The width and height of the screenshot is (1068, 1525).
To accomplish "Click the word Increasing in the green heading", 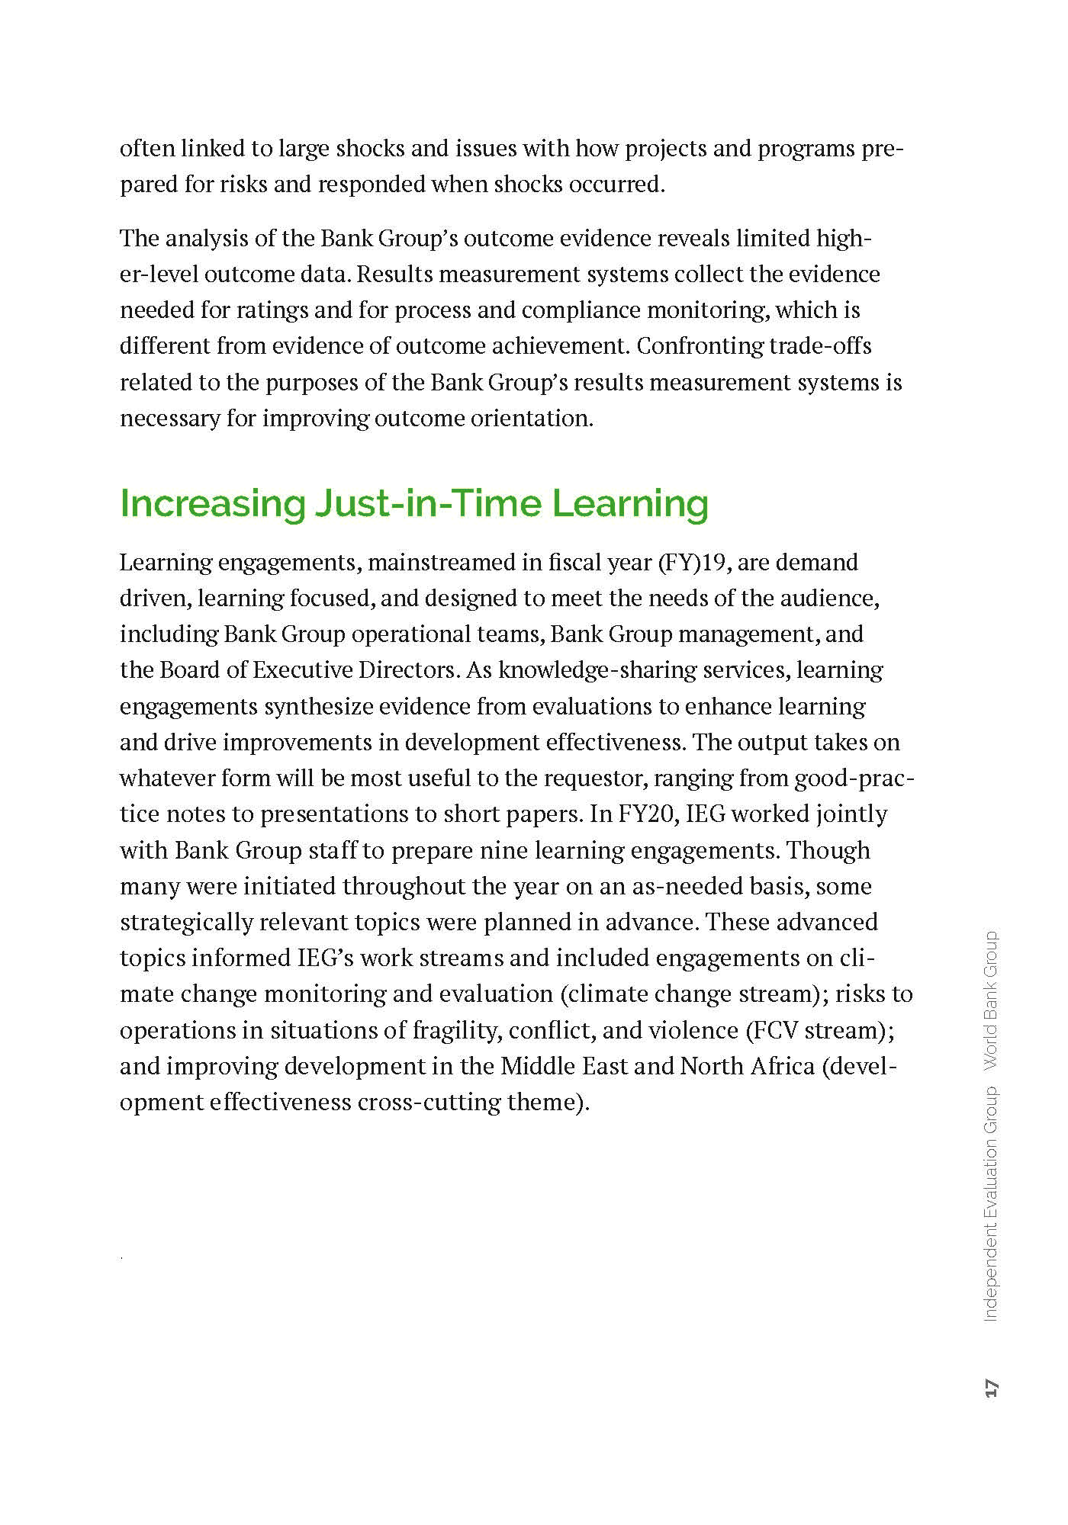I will click(x=212, y=504).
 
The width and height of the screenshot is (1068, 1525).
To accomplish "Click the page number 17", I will click(x=991, y=1389).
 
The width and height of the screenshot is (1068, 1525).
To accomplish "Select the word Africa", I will click(x=781, y=1066).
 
